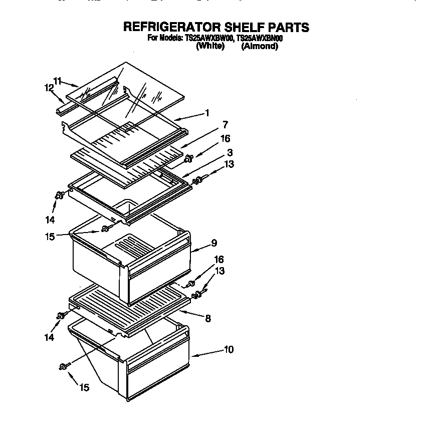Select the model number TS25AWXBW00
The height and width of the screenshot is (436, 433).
click(x=206, y=38)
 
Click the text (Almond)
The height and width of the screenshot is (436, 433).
click(x=259, y=46)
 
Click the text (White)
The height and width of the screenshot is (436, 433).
click(x=210, y=46)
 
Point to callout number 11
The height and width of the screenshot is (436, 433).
click(x=58, y=80)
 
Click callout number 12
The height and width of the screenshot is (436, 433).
click(x=49, y=88)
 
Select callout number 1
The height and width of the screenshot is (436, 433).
click(x=207, y=113)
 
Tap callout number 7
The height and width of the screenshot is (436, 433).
click(x=226, y=125)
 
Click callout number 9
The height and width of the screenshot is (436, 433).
click(x=214, y=243)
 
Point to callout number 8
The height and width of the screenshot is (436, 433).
click(x=208, y=317)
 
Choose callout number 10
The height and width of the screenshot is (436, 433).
click(x=229, y=349)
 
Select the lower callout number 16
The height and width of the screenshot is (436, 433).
click(x=219, y=260)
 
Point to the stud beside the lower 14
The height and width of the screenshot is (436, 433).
click(x=62, y=315)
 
